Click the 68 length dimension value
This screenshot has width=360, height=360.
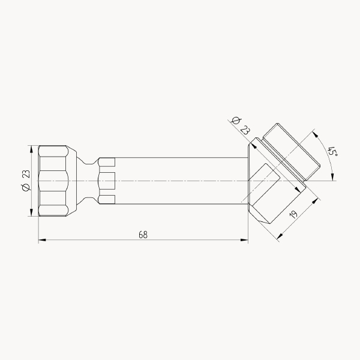pyautogui.click(x=143, y=235)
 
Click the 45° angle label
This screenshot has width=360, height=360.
pyautogui.click(x=332, y=152)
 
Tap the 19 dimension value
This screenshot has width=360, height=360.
pyautogui.click(x=293, y=214)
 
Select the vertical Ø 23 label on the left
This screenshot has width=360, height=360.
pyautogui.click(x=26, y=181)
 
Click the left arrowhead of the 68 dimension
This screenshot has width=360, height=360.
pyautogui.click(x=42, y=240)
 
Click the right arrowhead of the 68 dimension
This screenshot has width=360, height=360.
pyautogui.click(x=244, y=240)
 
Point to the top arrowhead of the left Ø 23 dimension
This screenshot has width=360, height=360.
pyautogui.click(x=31, y=149)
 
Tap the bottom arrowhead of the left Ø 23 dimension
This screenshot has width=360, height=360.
pyautogui.click(x=31, y=212)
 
